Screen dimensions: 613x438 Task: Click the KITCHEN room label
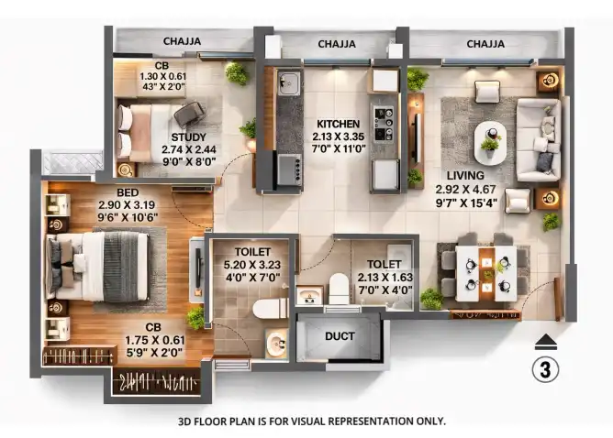click(339, 124)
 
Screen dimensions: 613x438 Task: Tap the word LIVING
click(465, 175)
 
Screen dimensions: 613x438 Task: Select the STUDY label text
click(188, 137)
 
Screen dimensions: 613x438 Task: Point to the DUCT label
click(340, 336)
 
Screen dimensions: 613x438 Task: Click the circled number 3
click(545, 369)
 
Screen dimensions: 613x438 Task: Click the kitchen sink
click(289, 82)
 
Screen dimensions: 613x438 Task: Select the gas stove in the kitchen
click(384, 124)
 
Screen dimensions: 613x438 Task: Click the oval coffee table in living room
click(490, 142)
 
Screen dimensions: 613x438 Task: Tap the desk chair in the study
click(189, 114)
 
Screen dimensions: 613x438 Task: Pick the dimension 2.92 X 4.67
click(465, 190)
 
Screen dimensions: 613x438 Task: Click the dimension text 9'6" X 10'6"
click(128, 217)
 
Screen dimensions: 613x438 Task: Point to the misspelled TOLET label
click(385, 264)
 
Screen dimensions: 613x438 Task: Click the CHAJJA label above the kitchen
click(337, 44)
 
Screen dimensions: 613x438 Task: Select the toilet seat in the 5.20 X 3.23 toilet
click(271, 309)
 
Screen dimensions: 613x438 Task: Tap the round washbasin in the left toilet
click(277, 343)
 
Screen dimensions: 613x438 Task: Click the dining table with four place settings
click(486, 274)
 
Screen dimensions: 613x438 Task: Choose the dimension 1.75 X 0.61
click(155, 340)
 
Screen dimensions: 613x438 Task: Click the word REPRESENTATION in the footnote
click(370, 422)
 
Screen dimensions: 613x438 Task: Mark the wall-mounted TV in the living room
click(418, 138)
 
